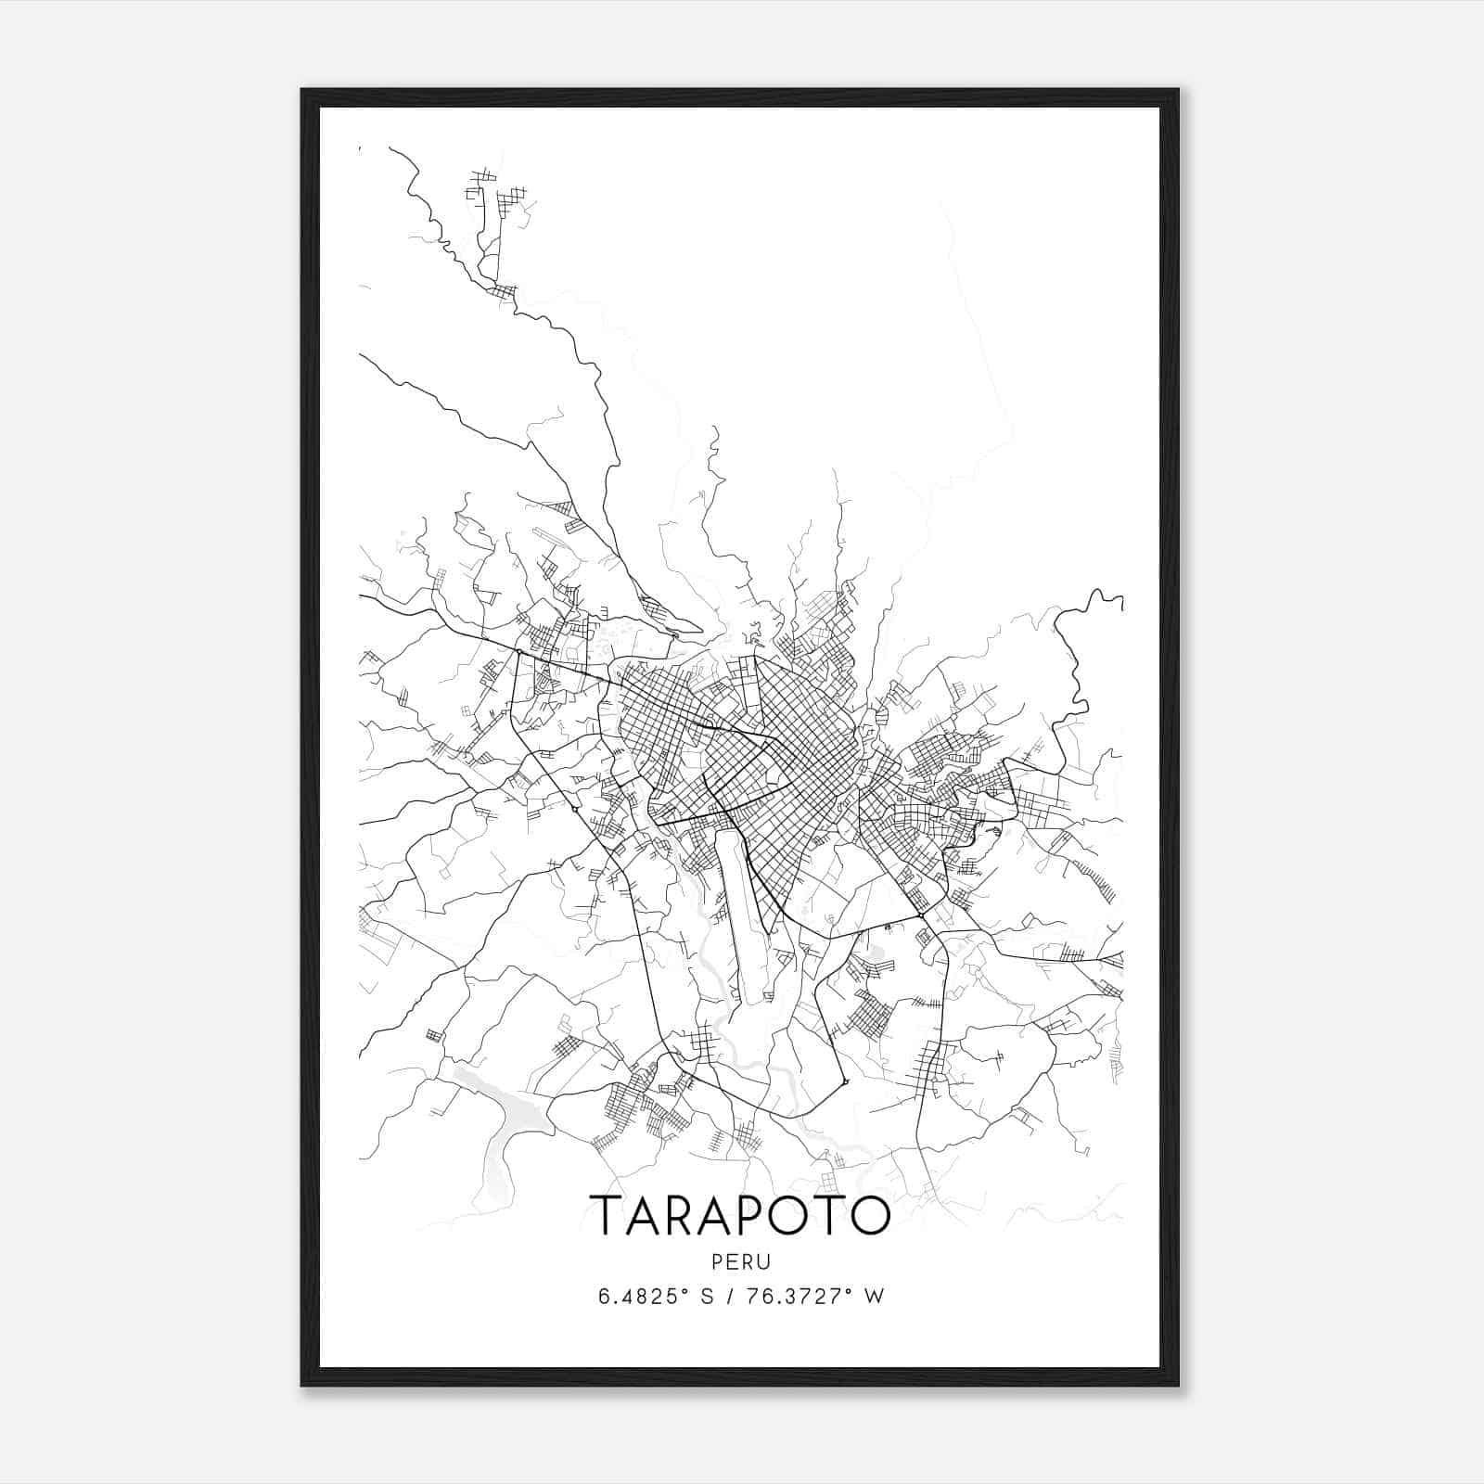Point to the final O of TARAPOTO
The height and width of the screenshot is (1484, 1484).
[869, 1214]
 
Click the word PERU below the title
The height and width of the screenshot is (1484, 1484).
[741, 1261]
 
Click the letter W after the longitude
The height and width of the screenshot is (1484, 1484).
[874, 1296]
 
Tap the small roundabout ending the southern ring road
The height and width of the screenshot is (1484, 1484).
[845, 1081]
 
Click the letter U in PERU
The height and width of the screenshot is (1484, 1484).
[765, 1261]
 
